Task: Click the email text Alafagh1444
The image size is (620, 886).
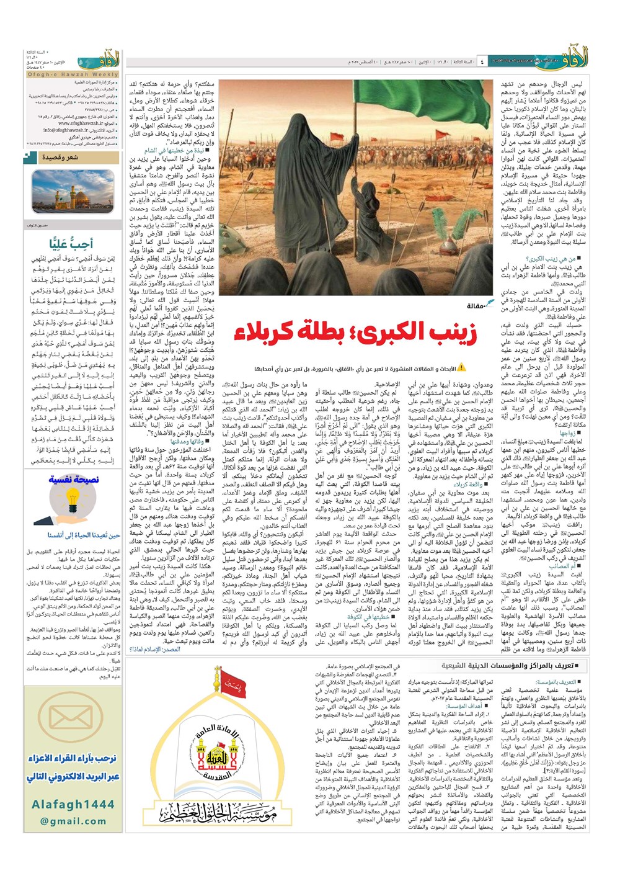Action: (x=73, y=804)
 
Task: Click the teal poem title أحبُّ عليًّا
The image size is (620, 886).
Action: (x=73, y=244)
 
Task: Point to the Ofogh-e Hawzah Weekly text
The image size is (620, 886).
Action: (x=72, y=74)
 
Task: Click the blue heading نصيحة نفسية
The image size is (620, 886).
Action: (x=73, y=480)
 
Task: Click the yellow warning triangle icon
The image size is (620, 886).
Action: (x=461, y=368)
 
